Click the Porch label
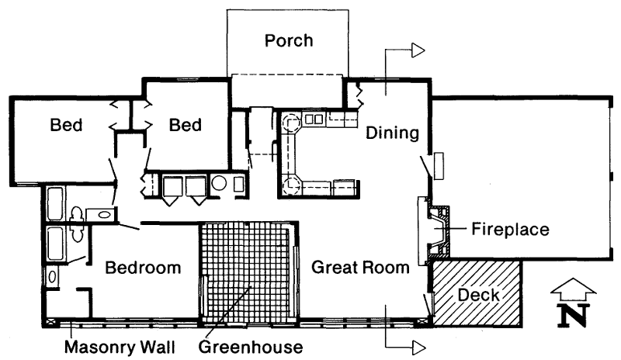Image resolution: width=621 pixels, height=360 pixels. (289, 40)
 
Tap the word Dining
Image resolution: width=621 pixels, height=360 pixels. (392, 133)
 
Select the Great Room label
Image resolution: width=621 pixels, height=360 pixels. (360, 268)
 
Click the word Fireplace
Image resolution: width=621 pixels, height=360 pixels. (510, 230)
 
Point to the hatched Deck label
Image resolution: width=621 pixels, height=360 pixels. (478, 295)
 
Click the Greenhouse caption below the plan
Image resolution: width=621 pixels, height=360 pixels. (251, 347)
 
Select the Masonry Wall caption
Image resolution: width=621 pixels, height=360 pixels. (120, 347)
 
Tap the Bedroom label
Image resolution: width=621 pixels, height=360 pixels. (143, 268)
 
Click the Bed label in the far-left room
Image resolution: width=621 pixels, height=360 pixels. (66, 125)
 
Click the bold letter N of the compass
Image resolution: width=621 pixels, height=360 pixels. (573, 315)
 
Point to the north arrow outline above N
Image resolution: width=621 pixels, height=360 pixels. (573, 289)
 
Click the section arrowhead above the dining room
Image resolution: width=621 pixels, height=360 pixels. (418, 50)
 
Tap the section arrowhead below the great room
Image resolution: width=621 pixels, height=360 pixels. (418, 348)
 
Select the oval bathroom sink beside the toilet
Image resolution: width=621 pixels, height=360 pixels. (104, 215)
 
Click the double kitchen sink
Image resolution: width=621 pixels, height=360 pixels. (314, 119)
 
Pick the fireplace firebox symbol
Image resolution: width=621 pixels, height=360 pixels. (438, 230)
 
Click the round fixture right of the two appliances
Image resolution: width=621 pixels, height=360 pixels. (219, 183)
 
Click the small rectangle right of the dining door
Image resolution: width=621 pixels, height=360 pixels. (439, 165)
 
